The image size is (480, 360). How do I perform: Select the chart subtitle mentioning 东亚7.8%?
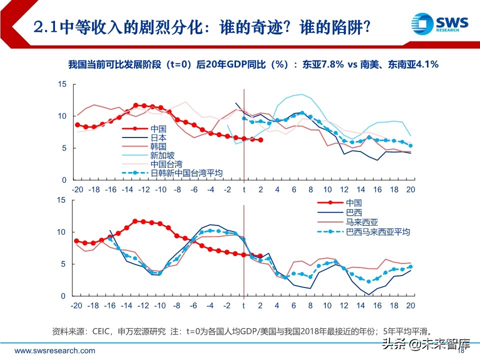(253, 64)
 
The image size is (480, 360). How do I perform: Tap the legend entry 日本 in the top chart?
(158, 137)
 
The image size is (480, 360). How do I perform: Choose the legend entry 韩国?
(158, 146)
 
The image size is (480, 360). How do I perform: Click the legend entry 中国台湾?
(166, 164)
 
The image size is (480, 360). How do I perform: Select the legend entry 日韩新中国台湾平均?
(186, 173)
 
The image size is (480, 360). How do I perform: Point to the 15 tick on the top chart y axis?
(62, 84)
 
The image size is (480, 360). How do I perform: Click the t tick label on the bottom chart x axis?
(243, 306)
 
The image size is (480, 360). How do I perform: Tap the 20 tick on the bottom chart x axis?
(410, 306)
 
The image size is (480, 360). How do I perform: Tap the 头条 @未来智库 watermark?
(426, 344)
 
